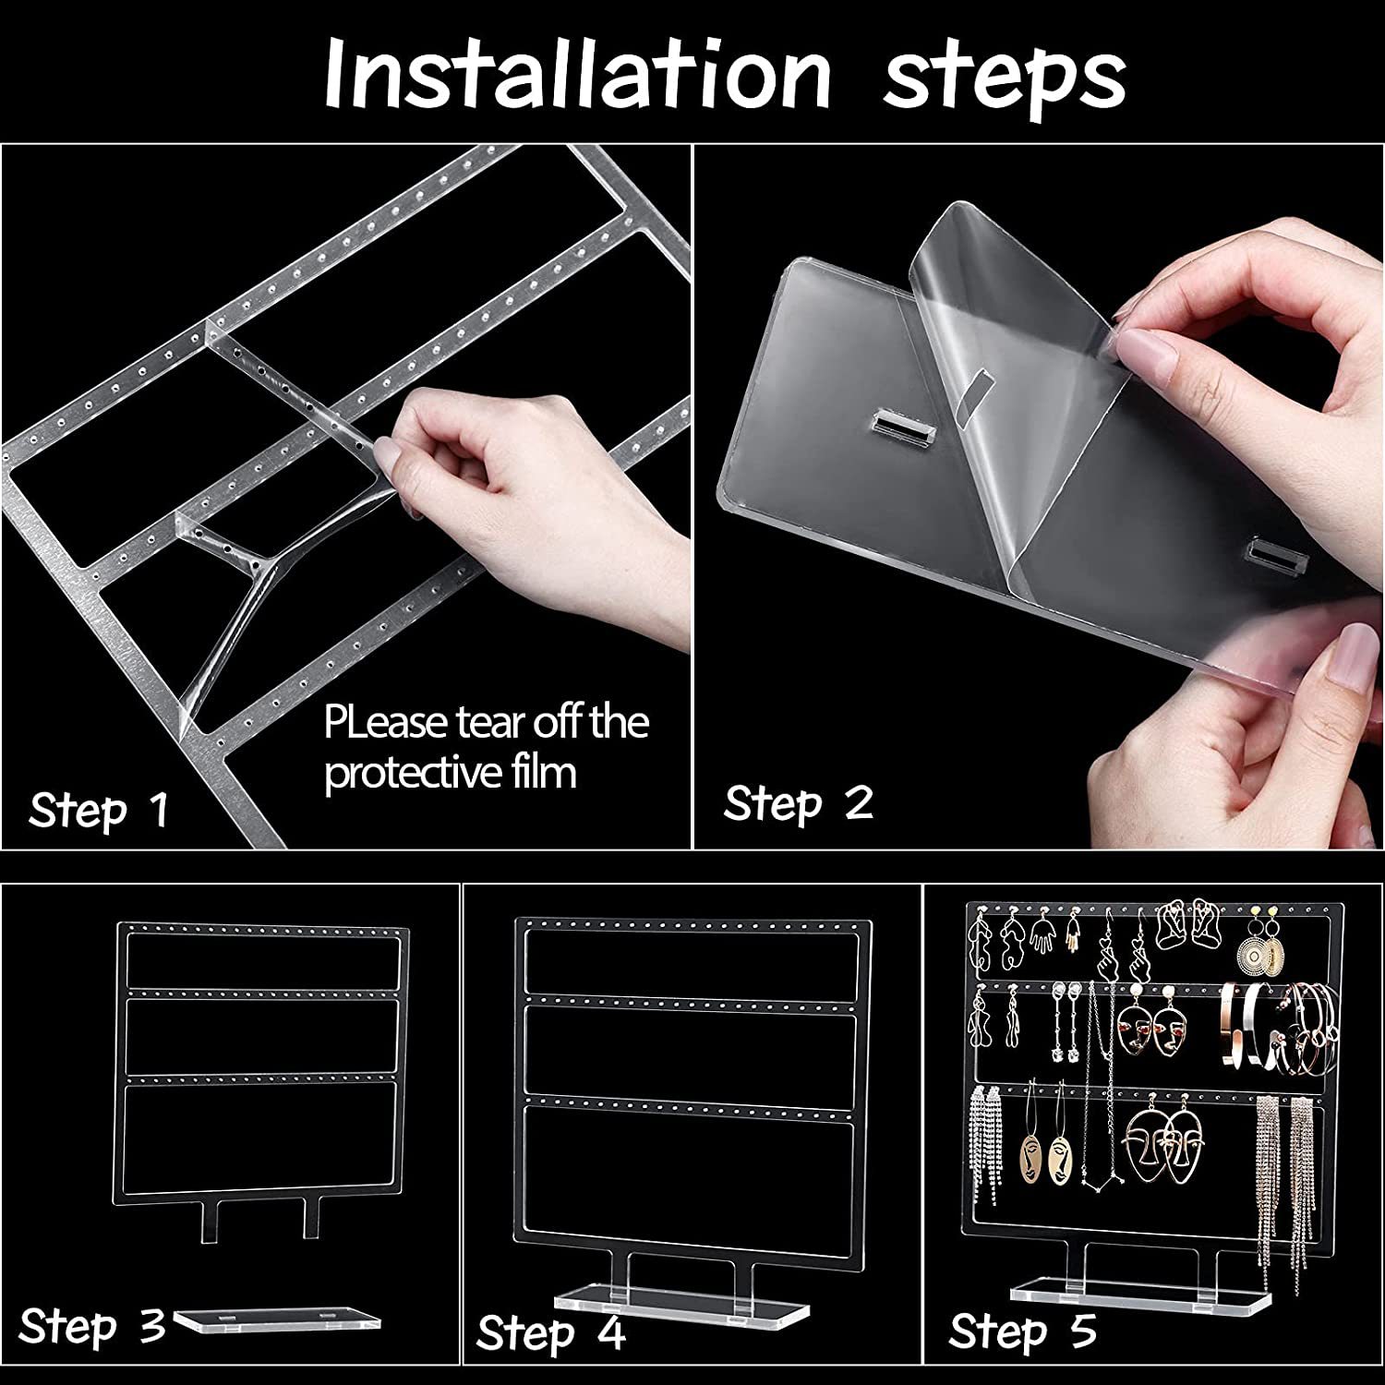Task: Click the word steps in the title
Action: (1005, 79)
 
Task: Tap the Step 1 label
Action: (99, 812)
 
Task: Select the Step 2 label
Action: (799, 803)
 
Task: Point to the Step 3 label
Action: (92, 1327)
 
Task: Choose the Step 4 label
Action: (551, 1333)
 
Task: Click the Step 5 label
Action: (1023, 1331)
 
